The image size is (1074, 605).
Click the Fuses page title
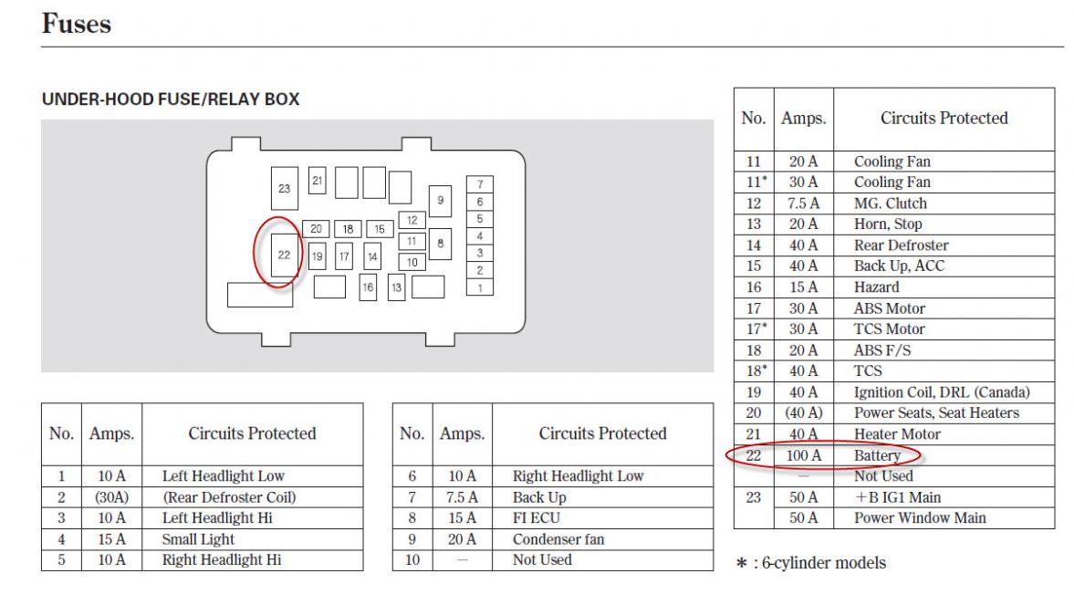[x=76, y=24]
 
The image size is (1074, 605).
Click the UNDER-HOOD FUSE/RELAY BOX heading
[x=171, y=99]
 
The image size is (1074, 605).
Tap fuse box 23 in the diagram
[x=285, y=188]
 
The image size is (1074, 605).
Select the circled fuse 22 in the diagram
[x=285, y=255]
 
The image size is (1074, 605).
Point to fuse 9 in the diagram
[x=441, y=201]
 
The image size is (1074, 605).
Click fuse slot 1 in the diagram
[x=479, y=287]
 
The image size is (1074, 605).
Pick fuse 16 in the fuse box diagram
[x=368, y=287]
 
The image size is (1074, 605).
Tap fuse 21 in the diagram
[x=318, y=181]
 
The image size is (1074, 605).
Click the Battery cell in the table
[x=877, y=455]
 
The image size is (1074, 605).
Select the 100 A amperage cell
[x=803, y=455]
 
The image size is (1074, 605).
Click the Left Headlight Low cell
[x=224, y=476]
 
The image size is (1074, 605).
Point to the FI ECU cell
[x=537, y=518]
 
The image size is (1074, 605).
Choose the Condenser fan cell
[x=558, y=539]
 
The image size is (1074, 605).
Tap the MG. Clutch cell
[x=890, y=203]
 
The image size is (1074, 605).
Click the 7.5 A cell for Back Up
[x=461, y=497]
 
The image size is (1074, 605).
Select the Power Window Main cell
[x=920, y=518]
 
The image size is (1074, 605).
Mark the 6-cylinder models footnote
[x=811, y=563]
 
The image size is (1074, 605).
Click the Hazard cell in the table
[x=876, y=287]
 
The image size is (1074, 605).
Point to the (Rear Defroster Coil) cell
[x=229, y=497]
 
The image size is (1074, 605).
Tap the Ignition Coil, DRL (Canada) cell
[x=942, y=392]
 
